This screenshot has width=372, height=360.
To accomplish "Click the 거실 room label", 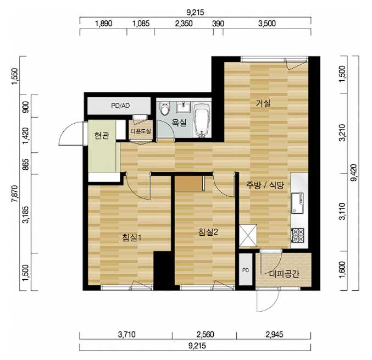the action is [263, 103].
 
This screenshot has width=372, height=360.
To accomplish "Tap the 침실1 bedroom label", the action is [132, 237].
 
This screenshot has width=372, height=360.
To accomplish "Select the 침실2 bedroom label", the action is [208, 232].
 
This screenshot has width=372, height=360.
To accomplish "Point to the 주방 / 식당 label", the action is [265, 185].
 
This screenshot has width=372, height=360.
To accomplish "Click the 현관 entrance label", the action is [102, 135].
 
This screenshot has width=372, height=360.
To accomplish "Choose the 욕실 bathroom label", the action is [179, 123].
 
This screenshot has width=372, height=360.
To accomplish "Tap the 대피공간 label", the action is [284, 274].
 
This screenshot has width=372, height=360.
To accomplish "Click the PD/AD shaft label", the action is [120, 106].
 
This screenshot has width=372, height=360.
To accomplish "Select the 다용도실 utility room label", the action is [141, 131].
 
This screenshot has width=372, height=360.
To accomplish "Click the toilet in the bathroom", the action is [165, 108].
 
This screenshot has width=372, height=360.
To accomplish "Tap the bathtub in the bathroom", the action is [202, 120].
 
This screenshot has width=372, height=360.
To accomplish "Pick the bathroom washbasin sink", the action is [184, 107].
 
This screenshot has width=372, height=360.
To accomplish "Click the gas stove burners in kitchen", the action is [297, 235].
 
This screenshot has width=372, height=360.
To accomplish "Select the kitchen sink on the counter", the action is [297, 203].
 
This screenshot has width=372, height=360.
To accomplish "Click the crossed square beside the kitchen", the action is [248, 235].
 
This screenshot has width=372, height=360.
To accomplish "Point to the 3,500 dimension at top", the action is [267, 24].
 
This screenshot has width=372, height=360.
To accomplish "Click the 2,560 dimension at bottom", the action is [205, 334].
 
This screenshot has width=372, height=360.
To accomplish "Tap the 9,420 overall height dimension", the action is [354, 173].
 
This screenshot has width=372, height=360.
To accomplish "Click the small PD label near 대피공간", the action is [246, 270].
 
